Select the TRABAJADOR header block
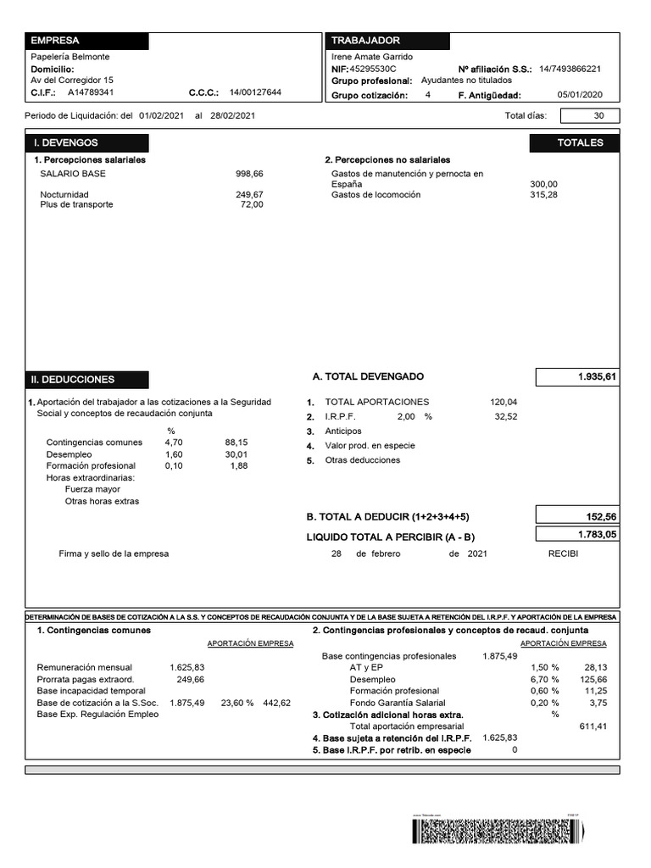click(387, 41)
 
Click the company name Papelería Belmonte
click(70, 57)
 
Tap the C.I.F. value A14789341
click(91, 93)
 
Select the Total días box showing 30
click(589, 116)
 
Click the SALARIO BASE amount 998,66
click(249, 173)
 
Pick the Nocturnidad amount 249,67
click(249, 194)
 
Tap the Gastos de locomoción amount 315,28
click(543, 195)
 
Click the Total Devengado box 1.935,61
click(577, 376)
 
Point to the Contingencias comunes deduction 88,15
click(236, 442)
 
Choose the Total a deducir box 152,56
click(577, 516)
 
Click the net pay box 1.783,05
click(577, 534)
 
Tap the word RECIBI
click(563, 554)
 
